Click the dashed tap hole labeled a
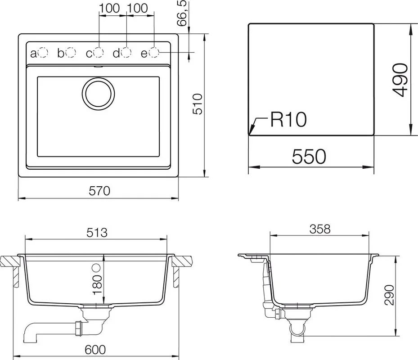pos(43,53)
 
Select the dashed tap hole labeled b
pos(71,52)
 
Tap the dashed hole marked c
pos(99,53)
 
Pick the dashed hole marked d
pos(126,52)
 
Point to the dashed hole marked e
pos(154,52)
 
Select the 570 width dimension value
pos(99,191)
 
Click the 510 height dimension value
pos(198,104)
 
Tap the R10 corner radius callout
pos(288,119)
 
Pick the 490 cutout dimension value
pos(400,80)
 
